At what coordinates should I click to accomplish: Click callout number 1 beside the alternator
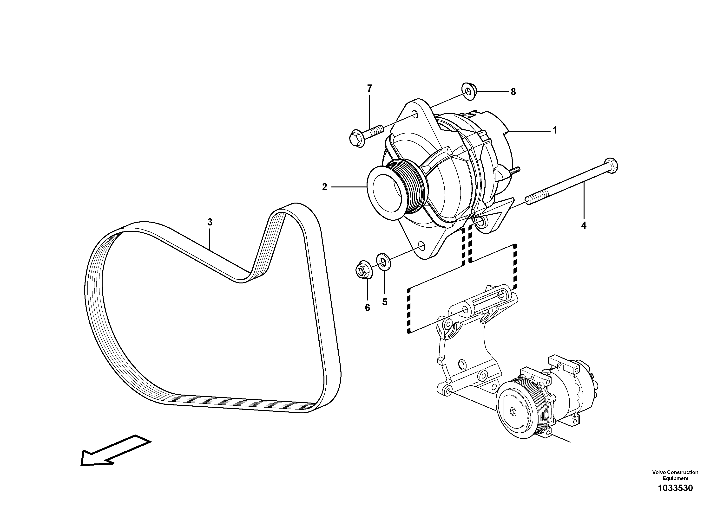click(555, 130)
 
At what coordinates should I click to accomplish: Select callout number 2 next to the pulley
click(324, 187)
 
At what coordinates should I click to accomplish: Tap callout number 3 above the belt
click(210, 222)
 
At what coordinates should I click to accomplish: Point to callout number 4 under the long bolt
click(584, 225)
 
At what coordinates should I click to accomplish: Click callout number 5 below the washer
click(385, 302)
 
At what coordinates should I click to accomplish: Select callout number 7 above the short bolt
click(369, 89)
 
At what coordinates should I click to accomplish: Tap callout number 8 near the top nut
click(513, 92)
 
